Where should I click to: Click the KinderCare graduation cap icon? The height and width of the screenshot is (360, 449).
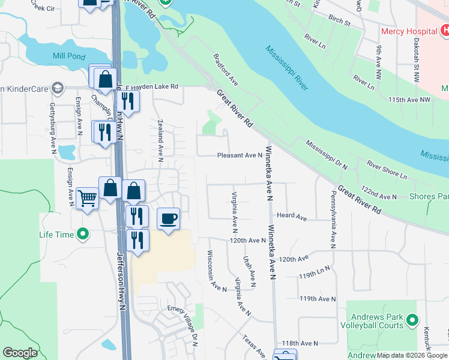(x=58, y=89)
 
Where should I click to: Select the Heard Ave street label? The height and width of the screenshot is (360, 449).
(x=292, y=217)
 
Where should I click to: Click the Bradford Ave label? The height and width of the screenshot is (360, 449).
(x=226, y=70)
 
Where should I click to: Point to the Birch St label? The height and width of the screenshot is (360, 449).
(x=339, y=21)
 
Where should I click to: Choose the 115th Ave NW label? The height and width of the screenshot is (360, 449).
(x=410, y=99)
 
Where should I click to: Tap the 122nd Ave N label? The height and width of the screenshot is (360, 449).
(x=379, y=197)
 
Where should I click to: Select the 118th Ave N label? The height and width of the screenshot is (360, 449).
(x=318, y=343)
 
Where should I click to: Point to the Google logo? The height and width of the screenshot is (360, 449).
(x=20, y=353)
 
